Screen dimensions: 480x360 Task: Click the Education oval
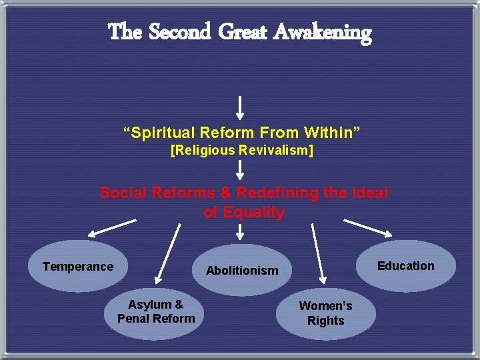tap(406, 266)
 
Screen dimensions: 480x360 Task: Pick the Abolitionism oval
tap(242, 270)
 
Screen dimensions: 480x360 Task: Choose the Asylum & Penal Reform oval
tap(156, 312)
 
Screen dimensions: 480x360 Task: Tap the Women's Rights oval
tap(326, 313)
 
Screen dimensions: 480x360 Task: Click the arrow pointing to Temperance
tap(112, 228)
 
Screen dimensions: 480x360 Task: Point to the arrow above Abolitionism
tap(241, 231)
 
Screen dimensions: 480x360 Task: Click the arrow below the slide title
tap(241, 107)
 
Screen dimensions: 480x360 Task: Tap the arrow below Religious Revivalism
tap(241, 169)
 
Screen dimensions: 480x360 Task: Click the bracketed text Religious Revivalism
tap(242, 150)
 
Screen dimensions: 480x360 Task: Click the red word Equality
tap(244, 213)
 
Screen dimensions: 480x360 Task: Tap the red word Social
tap(122, 193)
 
